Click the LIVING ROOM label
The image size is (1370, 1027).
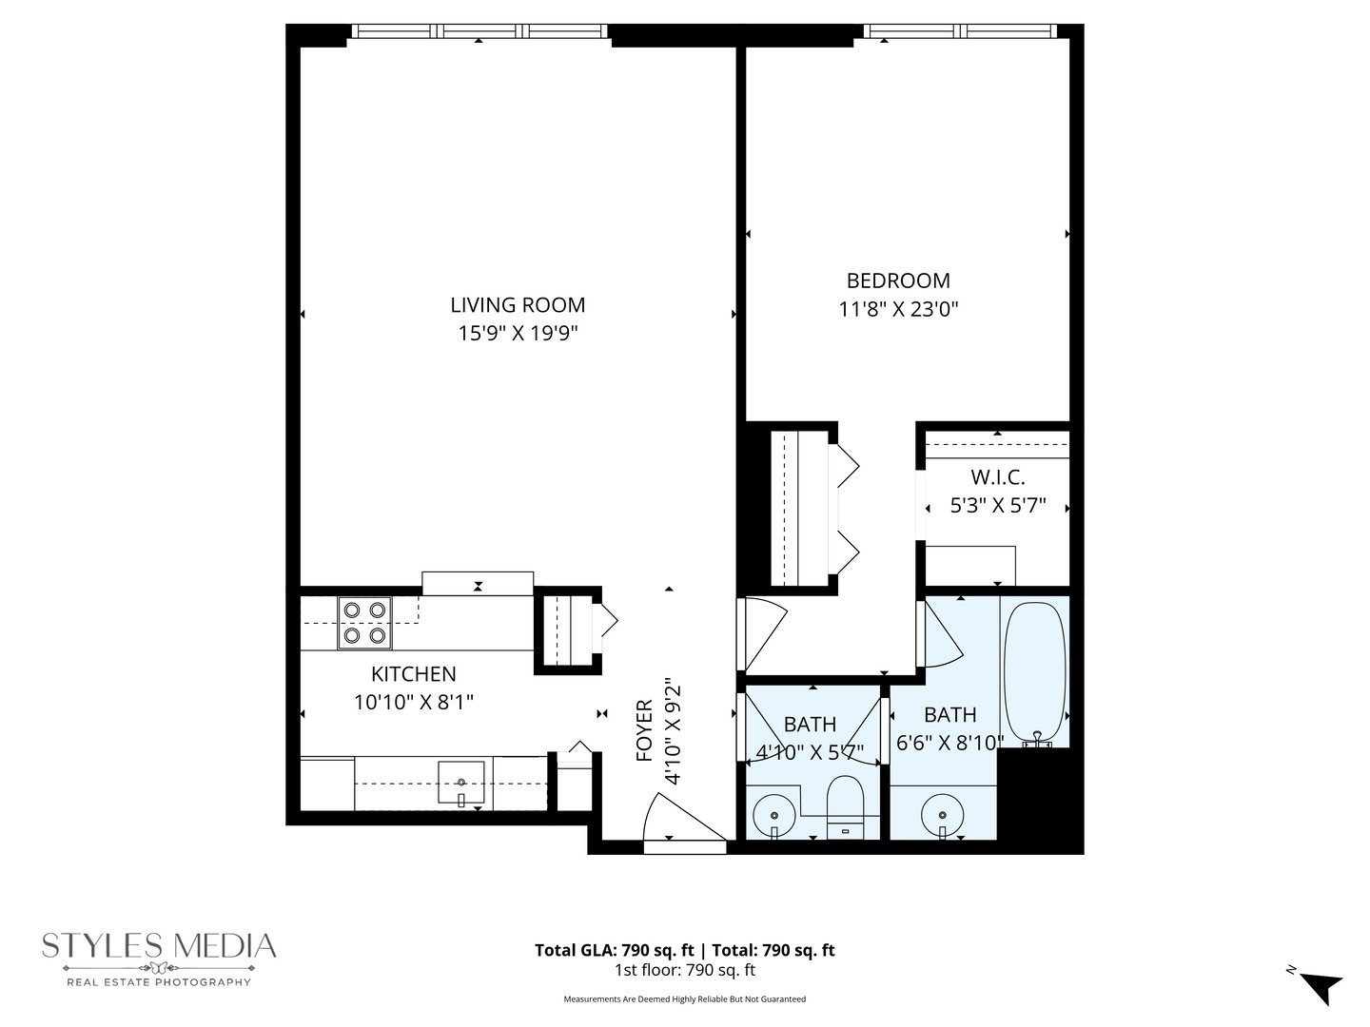(x=518, y=305)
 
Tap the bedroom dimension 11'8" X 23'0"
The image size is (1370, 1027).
(x=898, y=309)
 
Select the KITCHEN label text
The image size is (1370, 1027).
(x=413, y=674)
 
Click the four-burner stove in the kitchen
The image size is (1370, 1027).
(x=365, y=623)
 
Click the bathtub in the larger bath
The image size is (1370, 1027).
(x=1034, y=671)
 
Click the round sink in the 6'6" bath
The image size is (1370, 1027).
(x=942, y=815)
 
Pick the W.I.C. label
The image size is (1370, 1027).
(x=997, y=477)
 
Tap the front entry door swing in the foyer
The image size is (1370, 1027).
(x=677, y=819)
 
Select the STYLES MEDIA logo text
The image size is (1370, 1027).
(x=159, y=946)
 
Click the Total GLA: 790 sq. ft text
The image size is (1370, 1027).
(x=615, y=950)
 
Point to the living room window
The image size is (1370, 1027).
(x=479, y=31)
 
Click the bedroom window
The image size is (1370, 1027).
(x=960, y=31)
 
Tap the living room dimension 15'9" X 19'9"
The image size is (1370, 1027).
(x=518, y=334)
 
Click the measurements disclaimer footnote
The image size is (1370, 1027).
(x=684, y=999)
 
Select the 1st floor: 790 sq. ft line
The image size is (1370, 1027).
(x=684, y=971)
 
